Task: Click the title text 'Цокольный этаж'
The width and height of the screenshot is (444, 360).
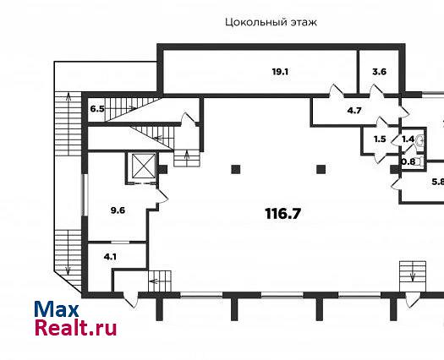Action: (271, 22)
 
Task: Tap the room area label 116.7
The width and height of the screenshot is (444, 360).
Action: (282, 214)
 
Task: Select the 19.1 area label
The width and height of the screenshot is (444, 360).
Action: (280, 72)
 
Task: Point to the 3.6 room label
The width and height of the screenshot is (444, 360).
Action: (379, 72)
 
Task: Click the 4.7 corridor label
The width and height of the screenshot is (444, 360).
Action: (354, 111)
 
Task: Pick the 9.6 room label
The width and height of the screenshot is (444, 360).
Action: (118, 210)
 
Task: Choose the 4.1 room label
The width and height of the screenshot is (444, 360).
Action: (110, 257)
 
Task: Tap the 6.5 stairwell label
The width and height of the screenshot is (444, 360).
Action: (97, 109)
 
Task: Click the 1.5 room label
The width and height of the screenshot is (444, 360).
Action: (380, 139)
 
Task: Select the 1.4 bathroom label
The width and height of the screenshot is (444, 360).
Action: (408, 139)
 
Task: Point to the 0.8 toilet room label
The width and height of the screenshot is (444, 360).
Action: (408, 162)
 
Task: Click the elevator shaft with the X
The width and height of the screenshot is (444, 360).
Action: (144, 166)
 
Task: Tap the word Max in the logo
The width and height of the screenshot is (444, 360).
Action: (57, 309)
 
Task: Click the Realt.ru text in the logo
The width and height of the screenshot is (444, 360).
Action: (75, 327)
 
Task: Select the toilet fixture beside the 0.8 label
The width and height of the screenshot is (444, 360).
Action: (421, 161)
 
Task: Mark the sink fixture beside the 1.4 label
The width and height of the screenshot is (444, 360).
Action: (421, 139)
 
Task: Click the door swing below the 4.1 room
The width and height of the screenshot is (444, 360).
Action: (131, 300)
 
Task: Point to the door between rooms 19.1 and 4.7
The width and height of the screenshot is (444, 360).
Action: (337, 91)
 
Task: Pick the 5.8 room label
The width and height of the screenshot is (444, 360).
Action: (438, 182)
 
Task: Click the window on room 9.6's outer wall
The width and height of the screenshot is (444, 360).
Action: (85, 195)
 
